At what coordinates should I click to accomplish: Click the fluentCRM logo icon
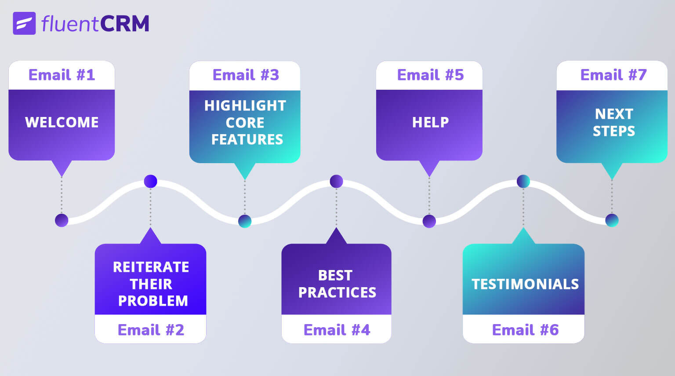24,23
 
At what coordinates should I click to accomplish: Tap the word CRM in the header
124,24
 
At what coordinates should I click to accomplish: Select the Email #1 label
62,75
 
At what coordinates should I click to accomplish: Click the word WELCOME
62,122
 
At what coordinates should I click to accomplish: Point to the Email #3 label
246,75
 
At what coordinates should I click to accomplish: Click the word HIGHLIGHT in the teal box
245,106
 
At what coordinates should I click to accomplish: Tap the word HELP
430,122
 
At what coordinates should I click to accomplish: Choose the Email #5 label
430,75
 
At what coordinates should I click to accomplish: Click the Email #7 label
613,75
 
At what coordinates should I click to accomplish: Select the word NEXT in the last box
614,114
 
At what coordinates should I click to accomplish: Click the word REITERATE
151,267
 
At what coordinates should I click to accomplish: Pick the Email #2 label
151,330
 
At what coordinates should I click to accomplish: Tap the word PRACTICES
337,292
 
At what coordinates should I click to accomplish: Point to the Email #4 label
337,330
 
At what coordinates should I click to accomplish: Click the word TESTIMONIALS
525,284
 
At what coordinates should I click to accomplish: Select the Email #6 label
525,330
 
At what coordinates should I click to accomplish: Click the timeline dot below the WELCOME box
62,220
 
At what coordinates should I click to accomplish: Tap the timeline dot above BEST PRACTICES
336,181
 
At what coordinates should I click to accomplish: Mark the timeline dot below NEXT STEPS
612,220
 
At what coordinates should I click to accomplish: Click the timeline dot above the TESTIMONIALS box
523,181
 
